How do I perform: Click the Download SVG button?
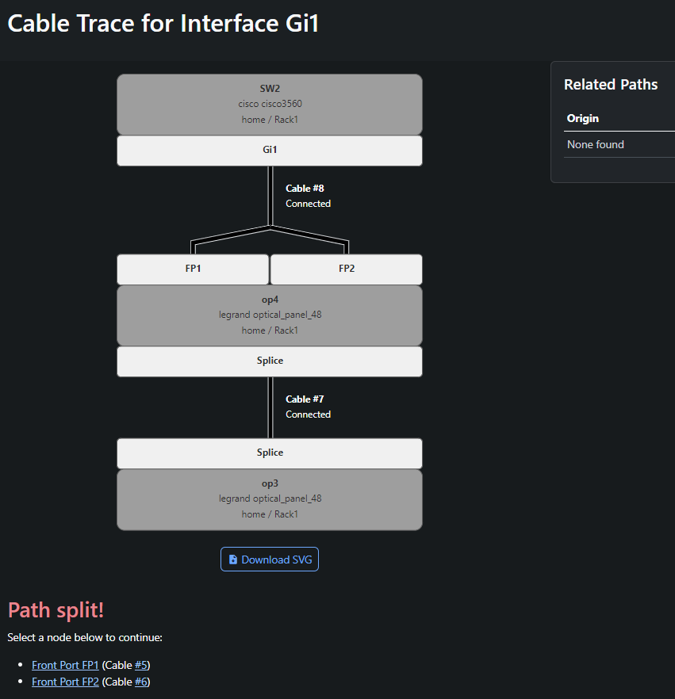(270, 559)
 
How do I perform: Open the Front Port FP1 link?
(65, 665)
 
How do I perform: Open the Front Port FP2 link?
(65, 682)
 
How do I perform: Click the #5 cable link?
(141, 665)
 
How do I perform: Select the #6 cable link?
(141, 682)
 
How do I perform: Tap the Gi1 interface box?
(270, 151)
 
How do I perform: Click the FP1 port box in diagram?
(193, 269)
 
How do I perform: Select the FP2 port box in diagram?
(346, 269)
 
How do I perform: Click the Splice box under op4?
(270, 361)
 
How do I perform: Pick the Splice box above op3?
(270, 453)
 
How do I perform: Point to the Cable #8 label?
(305, 188)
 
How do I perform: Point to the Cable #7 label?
(305, 399)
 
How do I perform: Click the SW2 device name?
(270, 88)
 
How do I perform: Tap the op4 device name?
(270, 300)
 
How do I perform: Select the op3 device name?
(270, 483)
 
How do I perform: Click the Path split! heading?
(56, 610)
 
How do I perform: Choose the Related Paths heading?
(611, 84)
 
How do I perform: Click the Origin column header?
(583, 118)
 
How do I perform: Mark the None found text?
(595, 144)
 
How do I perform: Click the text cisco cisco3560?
(270, 103)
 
